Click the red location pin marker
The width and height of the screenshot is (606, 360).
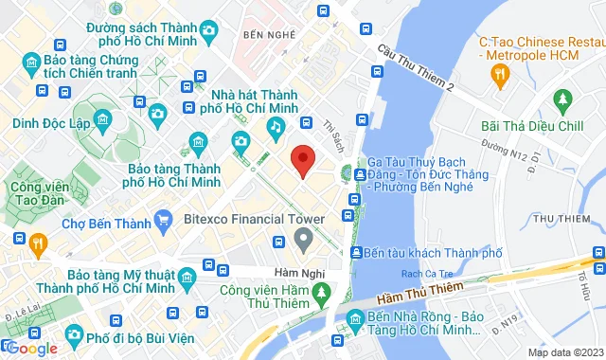[302, 161]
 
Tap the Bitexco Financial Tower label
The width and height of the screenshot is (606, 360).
[253, 220]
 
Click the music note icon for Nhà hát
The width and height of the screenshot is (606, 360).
[275, 126]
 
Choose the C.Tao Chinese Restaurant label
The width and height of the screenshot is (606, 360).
[540, 49]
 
